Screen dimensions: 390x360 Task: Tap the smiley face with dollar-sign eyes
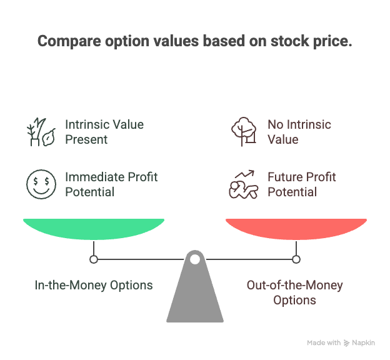[41, 184]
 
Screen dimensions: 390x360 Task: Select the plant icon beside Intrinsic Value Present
[41, 132]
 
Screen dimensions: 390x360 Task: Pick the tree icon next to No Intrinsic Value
[244, 131]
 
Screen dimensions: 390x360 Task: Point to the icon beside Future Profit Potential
[244, 184]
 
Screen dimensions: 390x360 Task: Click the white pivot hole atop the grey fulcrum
[195, 259]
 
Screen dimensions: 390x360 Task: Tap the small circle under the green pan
[94, 259]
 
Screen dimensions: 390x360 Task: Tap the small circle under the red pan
[296, 259]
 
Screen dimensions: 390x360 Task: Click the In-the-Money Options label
[94, 285]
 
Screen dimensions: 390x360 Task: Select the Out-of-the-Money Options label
[295, 292]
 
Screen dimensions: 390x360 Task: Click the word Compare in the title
[69, 41]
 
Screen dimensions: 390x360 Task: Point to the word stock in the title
[289, 41]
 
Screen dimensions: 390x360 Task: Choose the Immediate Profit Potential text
[111, 184]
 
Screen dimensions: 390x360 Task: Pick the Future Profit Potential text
[302, 184]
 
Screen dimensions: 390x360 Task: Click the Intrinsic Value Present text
[104, 132]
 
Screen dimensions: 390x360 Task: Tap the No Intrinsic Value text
[299, 132]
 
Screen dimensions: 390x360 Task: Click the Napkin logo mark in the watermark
[346, 343]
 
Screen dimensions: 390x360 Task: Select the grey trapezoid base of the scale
[195, 291]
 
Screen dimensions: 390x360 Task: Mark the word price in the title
[332, 41]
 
